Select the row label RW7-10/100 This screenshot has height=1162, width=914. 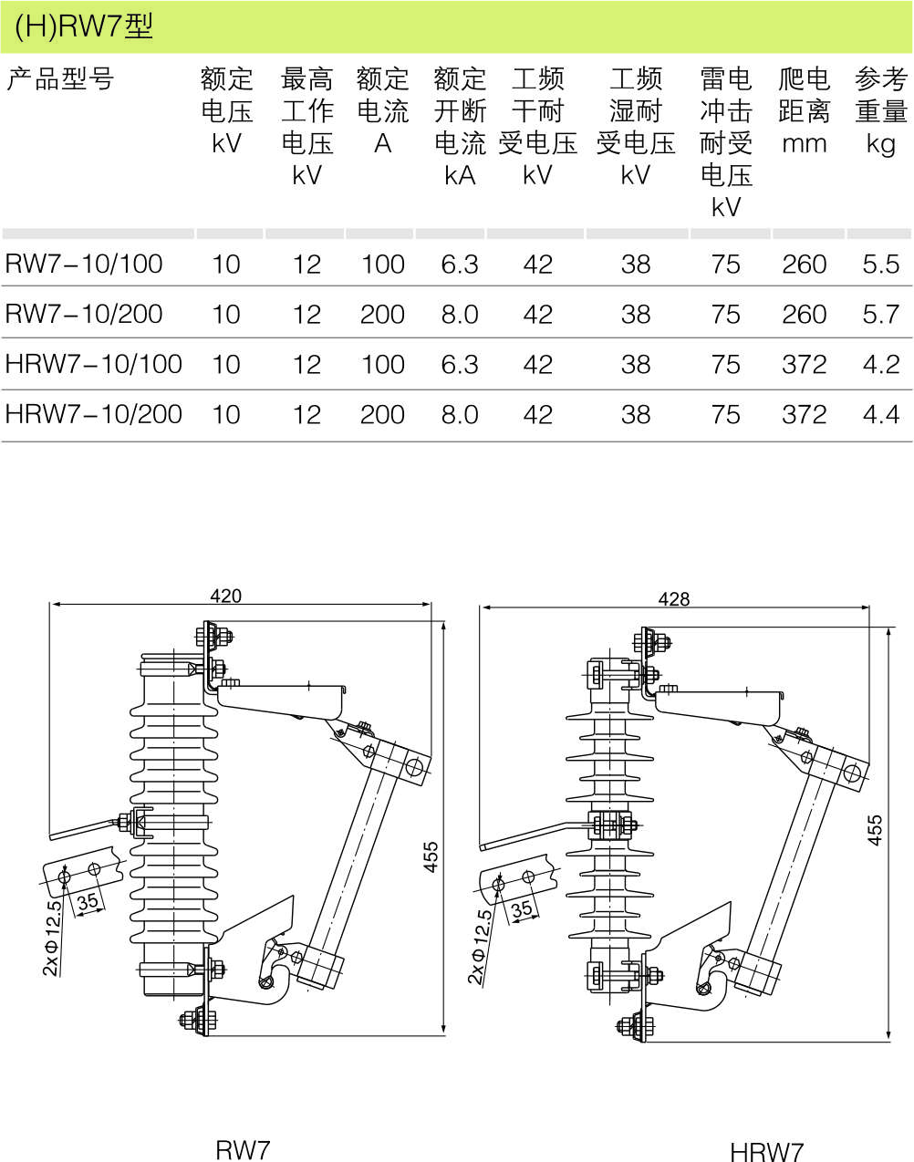pos(84,265)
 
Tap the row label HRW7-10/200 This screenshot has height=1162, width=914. pos(94,415)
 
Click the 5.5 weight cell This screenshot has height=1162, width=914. pos(880,265)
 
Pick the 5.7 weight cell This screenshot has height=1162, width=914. pos(880,315)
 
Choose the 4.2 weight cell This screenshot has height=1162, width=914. pos(880,365)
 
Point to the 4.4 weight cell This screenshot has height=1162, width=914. pos(880,415)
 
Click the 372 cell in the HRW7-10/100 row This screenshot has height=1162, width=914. pos(804,365)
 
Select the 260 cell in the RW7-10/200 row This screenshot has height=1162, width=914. pos(804,315)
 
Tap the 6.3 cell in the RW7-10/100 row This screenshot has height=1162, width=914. pos(459,265)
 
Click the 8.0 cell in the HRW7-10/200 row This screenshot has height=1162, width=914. pos(459,415)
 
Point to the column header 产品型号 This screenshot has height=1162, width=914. pos(60,80)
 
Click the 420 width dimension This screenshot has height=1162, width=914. pos(225,596)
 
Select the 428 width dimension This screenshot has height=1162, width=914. pos(674,598)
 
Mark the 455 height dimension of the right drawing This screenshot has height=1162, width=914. pos(875,830)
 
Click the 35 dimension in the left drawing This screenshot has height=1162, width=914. pos(88,902)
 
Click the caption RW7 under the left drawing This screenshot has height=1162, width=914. pos(243,1149)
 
